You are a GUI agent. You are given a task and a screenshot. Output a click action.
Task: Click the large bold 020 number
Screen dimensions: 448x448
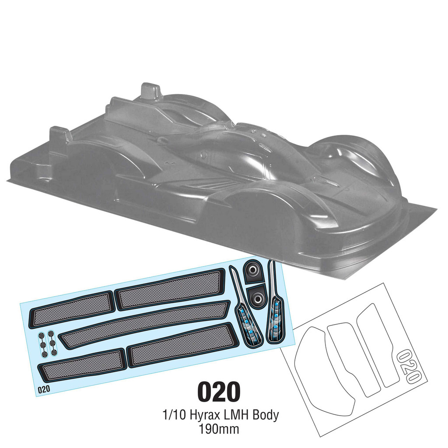[219, 392]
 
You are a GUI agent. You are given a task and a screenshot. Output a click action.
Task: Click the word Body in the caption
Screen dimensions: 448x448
[264, 415]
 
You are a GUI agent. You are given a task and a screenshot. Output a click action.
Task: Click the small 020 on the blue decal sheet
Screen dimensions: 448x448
[44, 388]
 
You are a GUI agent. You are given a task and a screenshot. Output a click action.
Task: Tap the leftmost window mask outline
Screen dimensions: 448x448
[324, 372]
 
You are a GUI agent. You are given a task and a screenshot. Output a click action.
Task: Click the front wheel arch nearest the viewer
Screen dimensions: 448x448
[258, 219]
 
